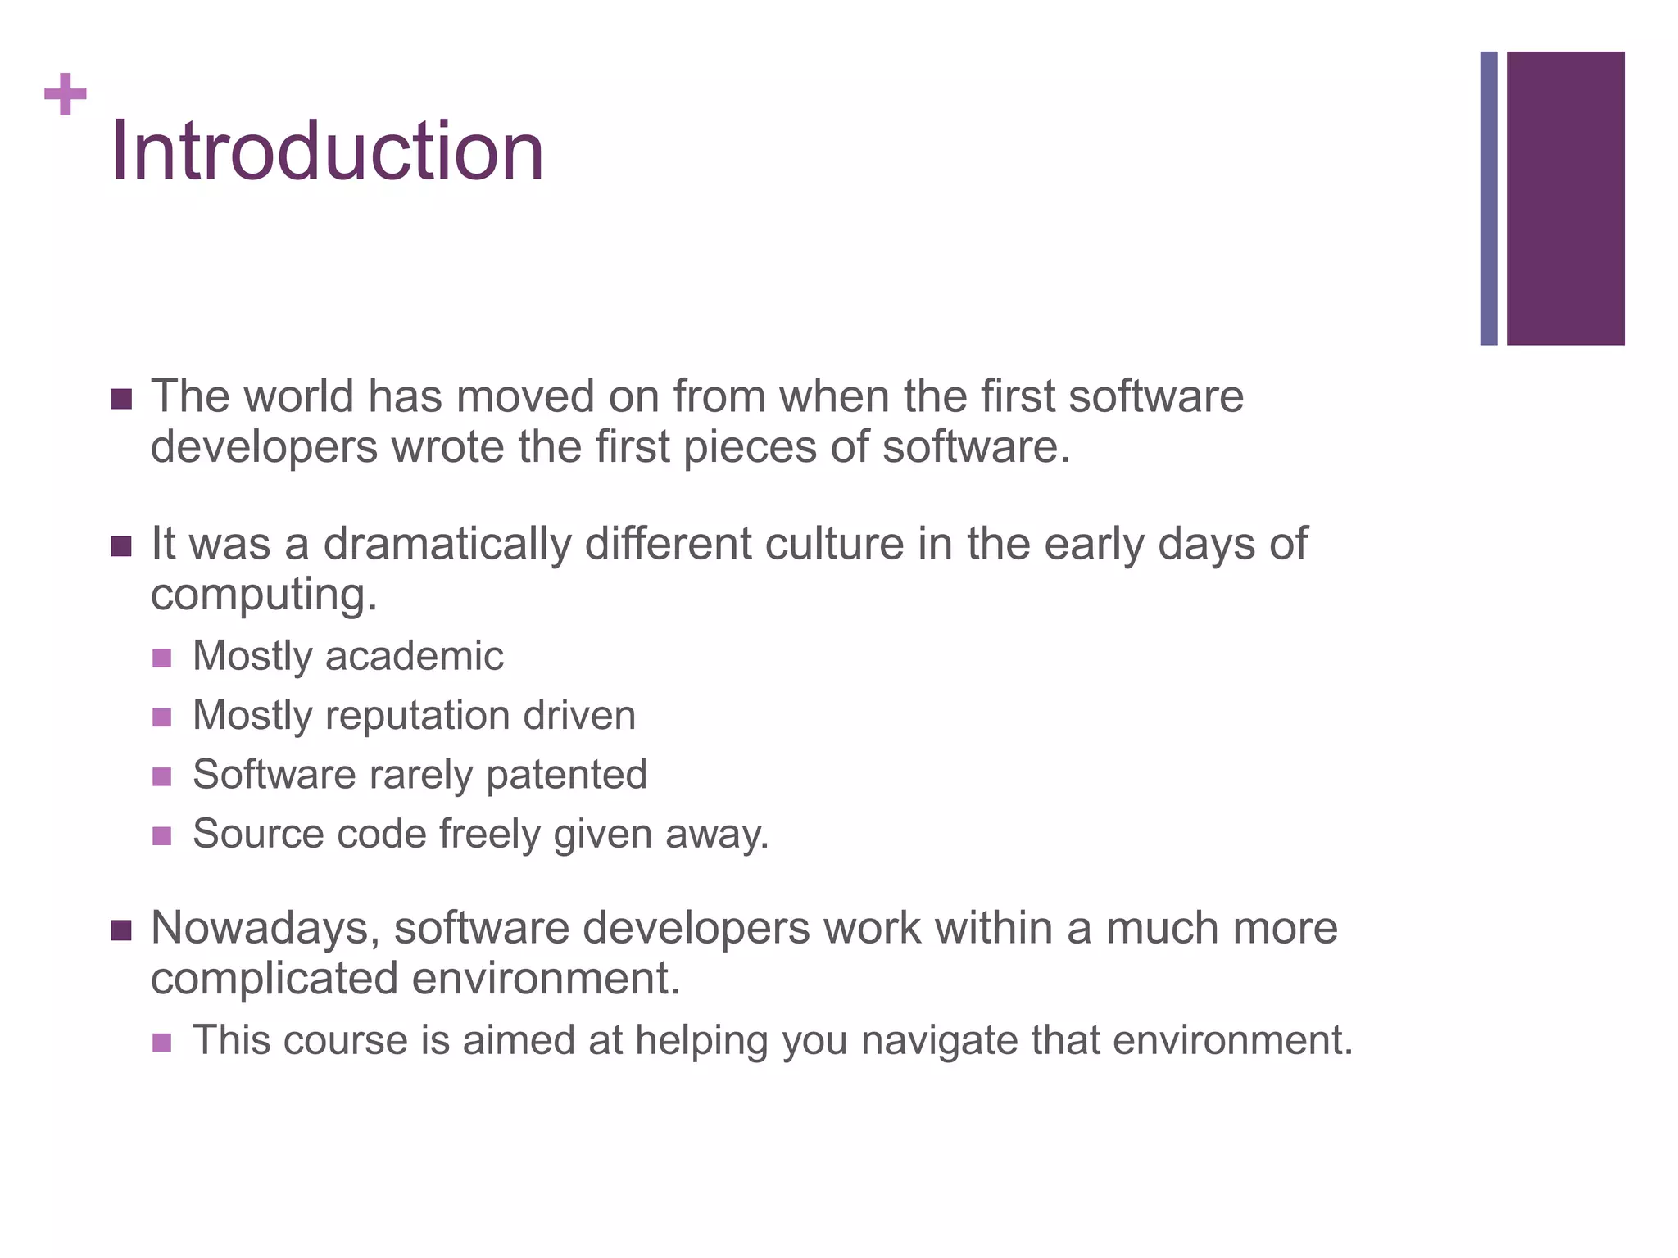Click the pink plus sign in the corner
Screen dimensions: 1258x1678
coord(66,94)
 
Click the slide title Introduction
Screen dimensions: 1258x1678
coord(327,152)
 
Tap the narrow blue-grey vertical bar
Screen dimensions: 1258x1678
coord(1488,198)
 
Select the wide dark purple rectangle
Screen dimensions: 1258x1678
coord(1565,198)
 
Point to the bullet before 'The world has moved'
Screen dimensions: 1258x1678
coord(121,399)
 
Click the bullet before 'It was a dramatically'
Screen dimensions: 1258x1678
coord(121,545)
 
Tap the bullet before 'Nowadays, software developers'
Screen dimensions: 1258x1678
coord(121,930)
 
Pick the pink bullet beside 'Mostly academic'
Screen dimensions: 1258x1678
coord(162,658)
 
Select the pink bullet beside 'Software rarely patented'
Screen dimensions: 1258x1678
coord(162,776)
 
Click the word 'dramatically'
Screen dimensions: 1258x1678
coord(447,545)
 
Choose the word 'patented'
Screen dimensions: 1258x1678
coord(566,775)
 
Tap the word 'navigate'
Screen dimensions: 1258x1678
coord(938,1041)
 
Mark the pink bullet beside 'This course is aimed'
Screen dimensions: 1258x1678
coord(162,1043)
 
